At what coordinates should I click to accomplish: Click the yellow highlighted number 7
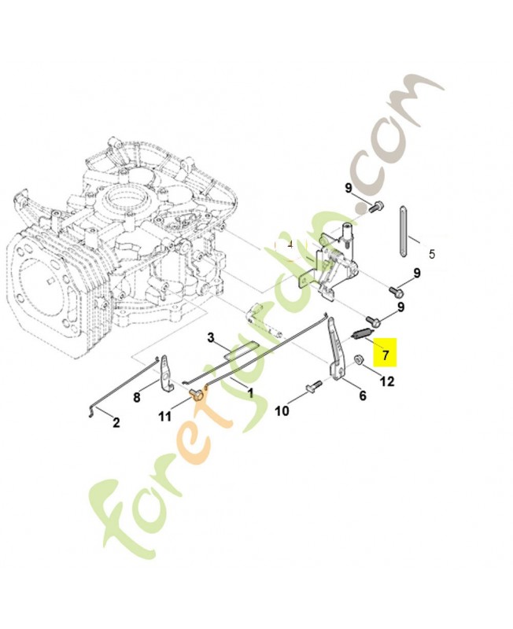pyautogui.click(x=385, y=355)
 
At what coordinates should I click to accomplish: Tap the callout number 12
pyautogui.click(x=387, y=382)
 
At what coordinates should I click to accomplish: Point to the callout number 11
pyautogui.click(x=164, y=417)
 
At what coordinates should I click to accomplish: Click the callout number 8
pyautogui.click(x=136, y=397)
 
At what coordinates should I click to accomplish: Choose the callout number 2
pyautogui.click(x=116, y=423)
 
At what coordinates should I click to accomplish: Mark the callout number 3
pyautogui.click(x=211, y=337)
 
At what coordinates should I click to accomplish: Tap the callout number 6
pyautogui.click(x=362, y=395)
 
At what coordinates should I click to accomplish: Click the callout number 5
pyautogui.click(x=431, y=254)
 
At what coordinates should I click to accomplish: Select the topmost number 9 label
pyautogui.click(x=348, y=187)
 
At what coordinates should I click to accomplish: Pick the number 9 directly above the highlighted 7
pyautogui.click(x=401, y=307)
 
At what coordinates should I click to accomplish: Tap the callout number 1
pyautogui.click(x=250, y=392)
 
